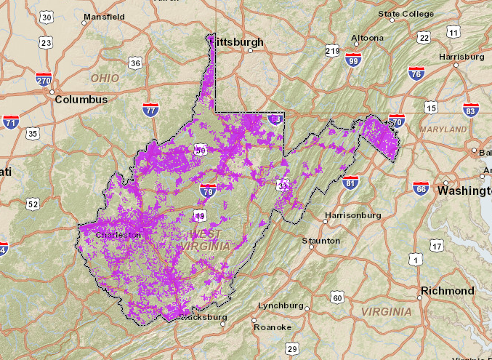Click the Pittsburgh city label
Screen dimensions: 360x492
click(x=238, y=42)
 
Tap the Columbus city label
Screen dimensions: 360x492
click(x=81, y=100)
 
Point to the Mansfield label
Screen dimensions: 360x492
click(x=104, y=17)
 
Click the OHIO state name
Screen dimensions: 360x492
click(x=105, y=77)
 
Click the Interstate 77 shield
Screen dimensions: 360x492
click(x=150, y=111)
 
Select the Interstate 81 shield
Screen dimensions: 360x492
click(x=350, y=182)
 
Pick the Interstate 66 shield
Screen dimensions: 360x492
click(x=421, y=188)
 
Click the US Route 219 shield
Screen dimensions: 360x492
click(x=333, y=51)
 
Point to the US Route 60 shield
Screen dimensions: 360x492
click(x=336, y=297)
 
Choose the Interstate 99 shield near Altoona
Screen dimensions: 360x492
click(x=354, y=60)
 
